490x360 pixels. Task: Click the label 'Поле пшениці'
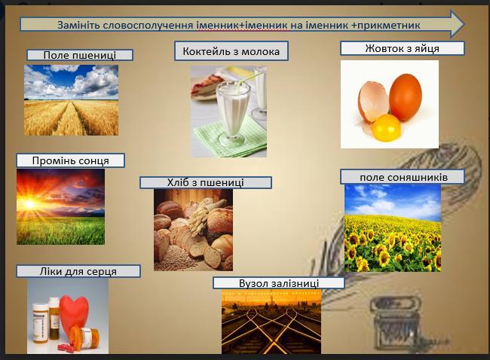tap(80, 55)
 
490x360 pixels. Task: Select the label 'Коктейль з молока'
tap(231, 51)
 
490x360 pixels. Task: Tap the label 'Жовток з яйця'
tap(403, 48)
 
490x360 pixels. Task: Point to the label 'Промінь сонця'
tap(71, 160)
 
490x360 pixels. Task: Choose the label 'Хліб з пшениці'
tap(206, 182)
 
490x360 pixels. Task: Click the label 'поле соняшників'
tap(403, 177)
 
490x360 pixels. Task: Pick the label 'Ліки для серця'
tap(78, 271)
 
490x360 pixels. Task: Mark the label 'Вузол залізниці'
tap(279, 283)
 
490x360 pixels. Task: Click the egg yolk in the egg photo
tap(386, 127)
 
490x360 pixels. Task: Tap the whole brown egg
tap(406, 97)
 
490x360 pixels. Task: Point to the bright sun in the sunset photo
tap(29, 204)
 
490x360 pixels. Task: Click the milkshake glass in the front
tap(233, 113)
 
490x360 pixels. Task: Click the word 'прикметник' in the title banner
tap(388, 25)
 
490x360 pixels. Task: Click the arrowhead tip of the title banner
tap(464, 24)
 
